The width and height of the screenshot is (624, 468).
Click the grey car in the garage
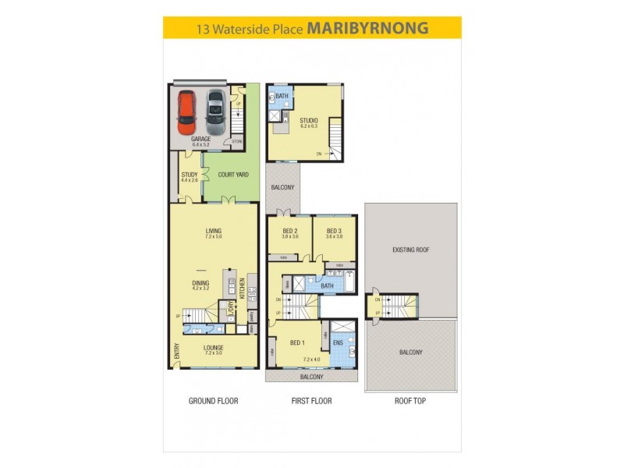click(214, 112)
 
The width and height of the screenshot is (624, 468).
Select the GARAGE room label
click(201, 139)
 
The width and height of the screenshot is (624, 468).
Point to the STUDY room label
click(190, 175)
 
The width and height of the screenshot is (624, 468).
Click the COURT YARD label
click(233, 175)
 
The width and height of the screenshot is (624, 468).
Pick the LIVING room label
click(213, 231)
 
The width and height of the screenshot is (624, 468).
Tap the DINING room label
click(202, 283)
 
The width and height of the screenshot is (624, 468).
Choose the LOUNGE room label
click(213, 348)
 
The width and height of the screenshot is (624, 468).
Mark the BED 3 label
click(334, 231)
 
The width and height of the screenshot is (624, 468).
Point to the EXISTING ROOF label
click(411, 250)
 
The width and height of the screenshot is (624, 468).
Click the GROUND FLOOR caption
click(213, 401)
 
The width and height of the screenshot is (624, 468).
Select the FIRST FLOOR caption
click(311, 401)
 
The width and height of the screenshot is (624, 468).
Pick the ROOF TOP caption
click(410, 401)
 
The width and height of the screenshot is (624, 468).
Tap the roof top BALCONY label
click(411, 353)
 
